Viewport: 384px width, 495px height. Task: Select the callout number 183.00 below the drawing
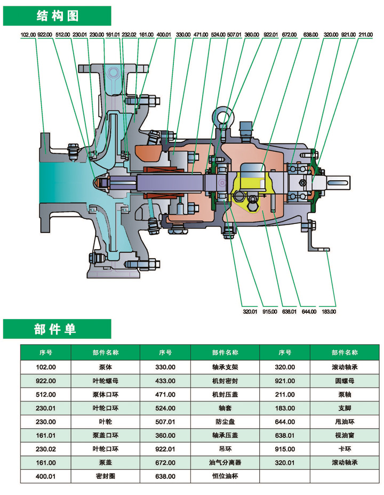329,311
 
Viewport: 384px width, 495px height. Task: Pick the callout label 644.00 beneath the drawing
309,311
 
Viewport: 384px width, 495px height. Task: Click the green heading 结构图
57,16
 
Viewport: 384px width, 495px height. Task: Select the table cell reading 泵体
105,367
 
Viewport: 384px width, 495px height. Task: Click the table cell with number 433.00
165,381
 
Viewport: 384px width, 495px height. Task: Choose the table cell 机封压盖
225,395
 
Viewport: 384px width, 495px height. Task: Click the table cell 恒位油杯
225,476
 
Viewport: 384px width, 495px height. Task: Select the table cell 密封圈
105,476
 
